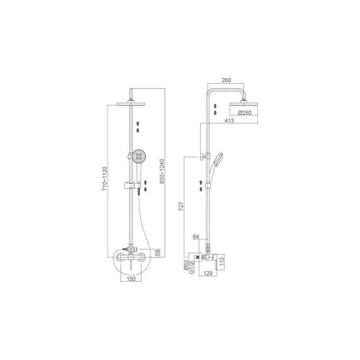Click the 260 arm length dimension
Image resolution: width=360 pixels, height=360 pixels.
click(x=226, y=80)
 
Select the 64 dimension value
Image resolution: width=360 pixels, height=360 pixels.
click(x=195, y=236)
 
